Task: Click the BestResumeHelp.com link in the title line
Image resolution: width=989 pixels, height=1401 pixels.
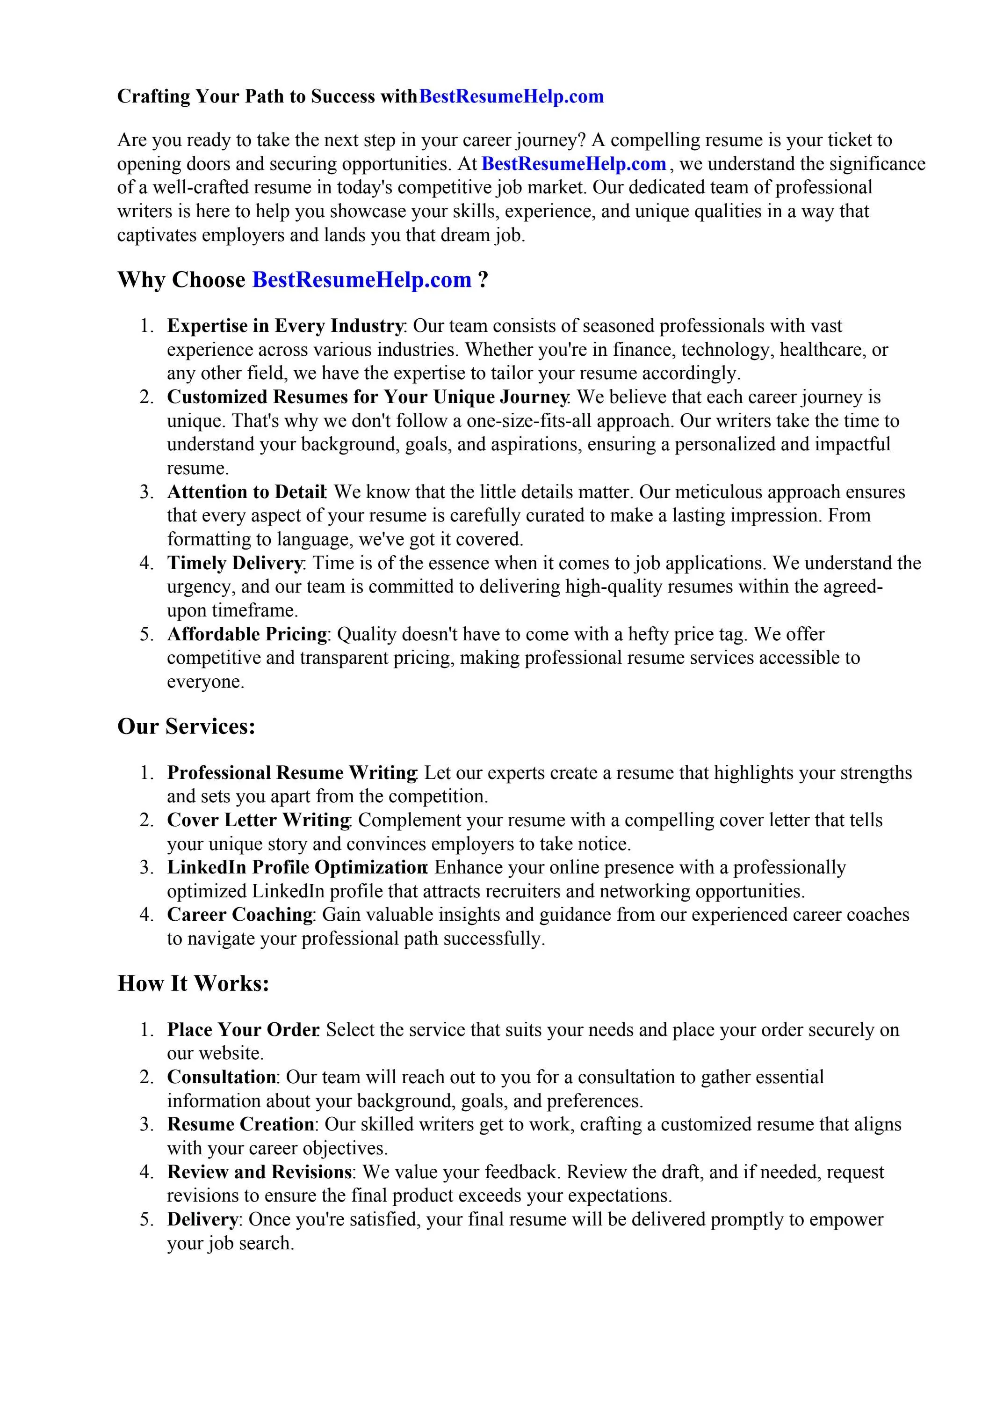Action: coord(512,96)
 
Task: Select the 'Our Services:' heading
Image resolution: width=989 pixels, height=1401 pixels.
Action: coord(186,726)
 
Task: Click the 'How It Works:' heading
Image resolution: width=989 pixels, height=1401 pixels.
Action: coord(193,983)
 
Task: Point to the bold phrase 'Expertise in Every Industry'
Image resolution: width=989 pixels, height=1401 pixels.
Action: coord(285,326)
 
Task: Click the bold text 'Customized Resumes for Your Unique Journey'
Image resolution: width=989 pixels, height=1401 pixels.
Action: coord(368,397)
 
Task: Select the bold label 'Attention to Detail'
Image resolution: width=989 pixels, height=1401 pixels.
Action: coord(246,492)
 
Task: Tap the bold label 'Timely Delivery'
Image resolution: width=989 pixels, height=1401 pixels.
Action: coord(235,563)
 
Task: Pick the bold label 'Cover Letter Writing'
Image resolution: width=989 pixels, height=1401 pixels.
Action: coord(259,820)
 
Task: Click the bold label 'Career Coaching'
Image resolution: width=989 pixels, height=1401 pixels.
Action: coord(239,915)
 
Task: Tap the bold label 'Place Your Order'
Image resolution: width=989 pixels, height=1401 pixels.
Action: coord(243,1029)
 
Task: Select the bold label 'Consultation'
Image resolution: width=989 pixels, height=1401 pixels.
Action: coord(221,1077)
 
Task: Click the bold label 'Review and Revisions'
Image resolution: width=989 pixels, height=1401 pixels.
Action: coord(259,1172)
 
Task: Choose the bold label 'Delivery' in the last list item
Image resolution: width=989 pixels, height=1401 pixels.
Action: coord(202,1219)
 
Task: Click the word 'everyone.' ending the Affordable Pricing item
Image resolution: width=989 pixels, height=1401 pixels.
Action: coord(205,682)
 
